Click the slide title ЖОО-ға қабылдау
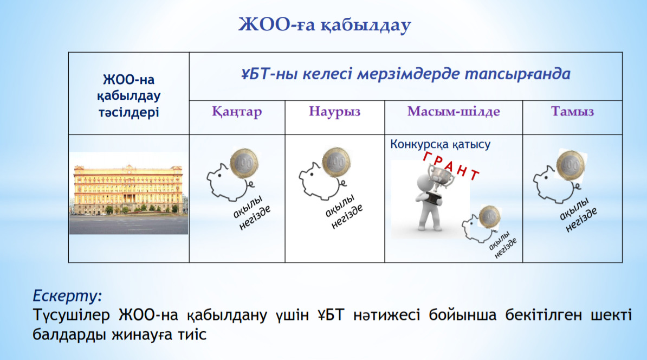[x=325, y=25]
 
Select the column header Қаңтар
[x=237, y=112]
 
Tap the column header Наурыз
[x=335, y=112]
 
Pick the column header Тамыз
[x=572, y=112]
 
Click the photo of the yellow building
[x=128, y=193]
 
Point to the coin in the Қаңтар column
[x=244, y=164]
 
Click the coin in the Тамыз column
[x=571, y=165]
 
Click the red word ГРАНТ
[x=451, y=165]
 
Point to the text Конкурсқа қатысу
[x=440, y=145]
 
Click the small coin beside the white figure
[x=489, y=217]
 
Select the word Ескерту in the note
[x=67, y=296]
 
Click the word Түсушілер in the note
[x=71, y=316]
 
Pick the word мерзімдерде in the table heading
[x=409, y=74]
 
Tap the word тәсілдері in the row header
[x=128, y=112]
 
